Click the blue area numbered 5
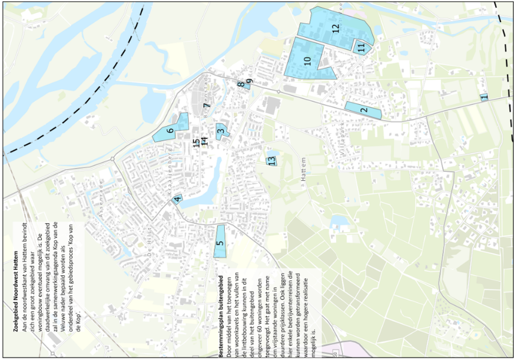(x=220, y=242)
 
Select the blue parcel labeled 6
(x=171, y=131)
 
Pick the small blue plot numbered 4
(x=177, y=199)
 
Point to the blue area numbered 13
(x=272, y=159)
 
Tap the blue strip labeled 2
(x=363, y=110)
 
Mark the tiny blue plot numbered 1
(x=483, y=97)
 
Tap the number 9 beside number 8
(x=249, y=81)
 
